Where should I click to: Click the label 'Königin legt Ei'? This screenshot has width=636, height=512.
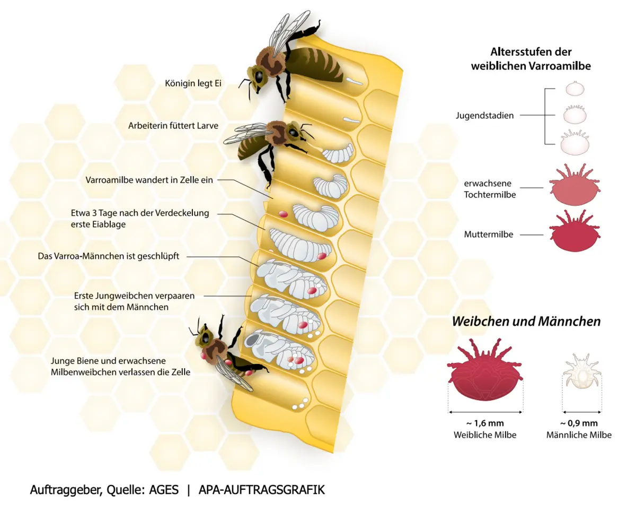point(193,83)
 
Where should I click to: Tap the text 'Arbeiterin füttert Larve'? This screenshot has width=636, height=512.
point(173,126)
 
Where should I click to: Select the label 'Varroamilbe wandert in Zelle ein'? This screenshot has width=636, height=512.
point(149,180)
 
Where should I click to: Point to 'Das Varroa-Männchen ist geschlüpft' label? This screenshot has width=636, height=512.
point(109,256)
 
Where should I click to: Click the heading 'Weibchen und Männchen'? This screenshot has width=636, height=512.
point(526,322)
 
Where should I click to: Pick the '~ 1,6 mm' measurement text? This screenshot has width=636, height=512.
point(485,423)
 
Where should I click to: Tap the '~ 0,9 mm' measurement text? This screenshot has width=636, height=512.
point(579,423)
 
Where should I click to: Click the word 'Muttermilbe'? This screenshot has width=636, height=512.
point(488,234)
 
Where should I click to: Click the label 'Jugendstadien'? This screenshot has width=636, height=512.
point(484,115)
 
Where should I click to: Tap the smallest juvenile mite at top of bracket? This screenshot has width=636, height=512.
point(573,88)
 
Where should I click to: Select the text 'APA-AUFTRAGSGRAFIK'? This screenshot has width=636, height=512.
point(261,490)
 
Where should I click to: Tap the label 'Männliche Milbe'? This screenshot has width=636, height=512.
point(579,435)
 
